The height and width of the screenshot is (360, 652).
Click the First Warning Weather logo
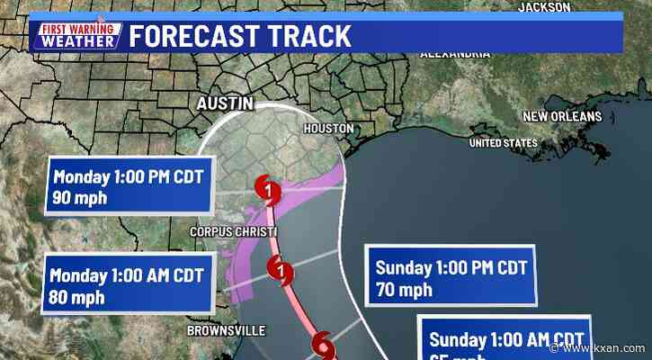point(78,35)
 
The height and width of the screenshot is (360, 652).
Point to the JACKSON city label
point(544,6)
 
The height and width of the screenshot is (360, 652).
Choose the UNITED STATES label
point(503,143)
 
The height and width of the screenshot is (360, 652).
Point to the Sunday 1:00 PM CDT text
point(449,268)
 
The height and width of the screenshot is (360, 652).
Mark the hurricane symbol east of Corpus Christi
point(282,267)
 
